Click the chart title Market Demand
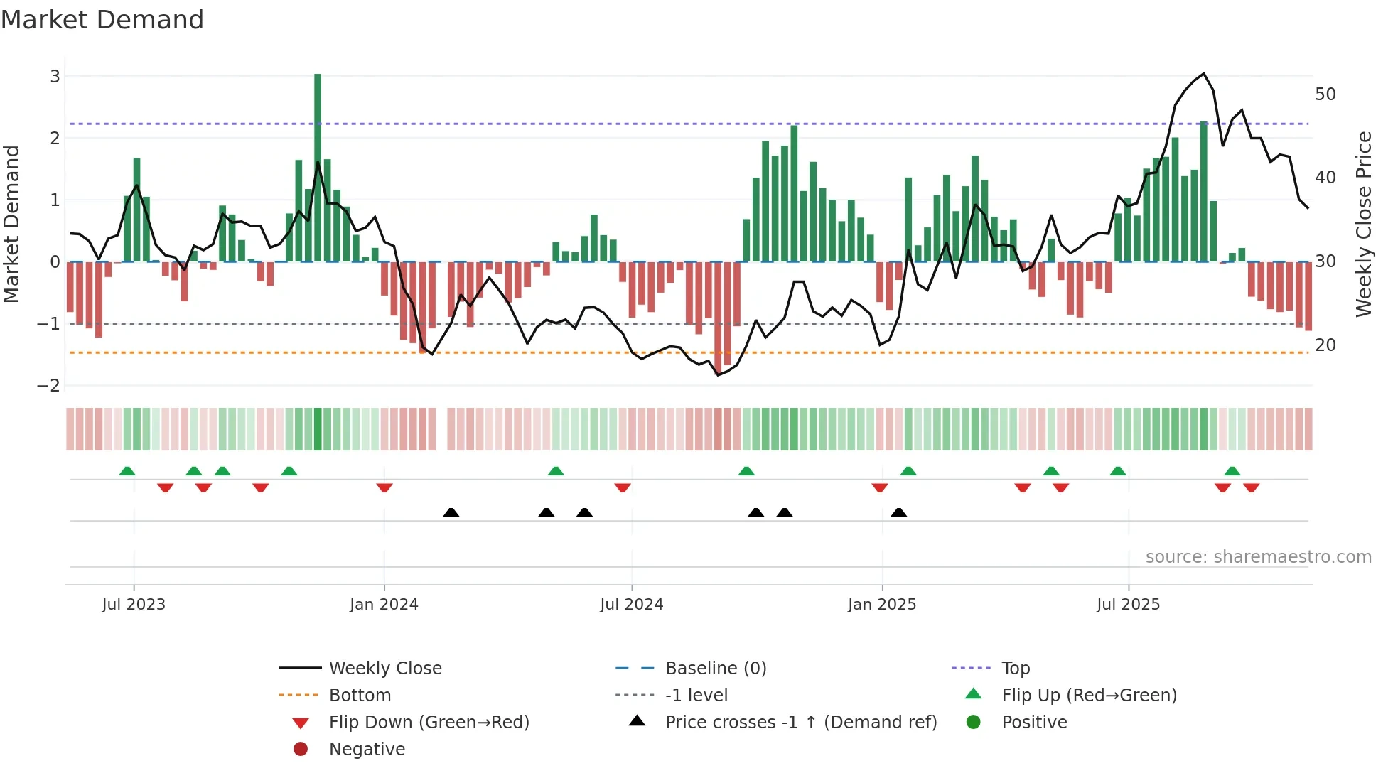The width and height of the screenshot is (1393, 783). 102,20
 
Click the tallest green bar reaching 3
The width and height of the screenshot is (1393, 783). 318,167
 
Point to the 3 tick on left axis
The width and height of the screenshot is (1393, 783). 55,76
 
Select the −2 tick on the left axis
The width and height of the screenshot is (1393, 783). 49,386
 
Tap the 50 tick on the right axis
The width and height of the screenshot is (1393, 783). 1325,94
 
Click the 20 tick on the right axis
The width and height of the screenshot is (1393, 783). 1325,345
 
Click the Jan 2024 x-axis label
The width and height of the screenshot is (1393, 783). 384,605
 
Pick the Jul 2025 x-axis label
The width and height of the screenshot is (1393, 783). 1128,605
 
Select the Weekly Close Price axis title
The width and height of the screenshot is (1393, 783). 1363,224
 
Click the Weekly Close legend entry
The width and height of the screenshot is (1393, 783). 384,669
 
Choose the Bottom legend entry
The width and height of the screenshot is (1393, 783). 360,696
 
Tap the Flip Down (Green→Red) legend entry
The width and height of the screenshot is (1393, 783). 429,723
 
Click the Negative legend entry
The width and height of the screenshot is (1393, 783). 367,750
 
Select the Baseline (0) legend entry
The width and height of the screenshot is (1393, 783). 715,669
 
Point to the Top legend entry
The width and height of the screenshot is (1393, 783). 1015,669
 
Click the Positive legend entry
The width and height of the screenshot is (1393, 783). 1034,723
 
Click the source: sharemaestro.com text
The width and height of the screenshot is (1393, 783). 1258,557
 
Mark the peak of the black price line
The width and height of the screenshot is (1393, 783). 1203,74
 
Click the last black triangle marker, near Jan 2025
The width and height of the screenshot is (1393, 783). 898,512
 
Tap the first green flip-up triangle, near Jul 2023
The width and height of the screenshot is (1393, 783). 127,471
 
